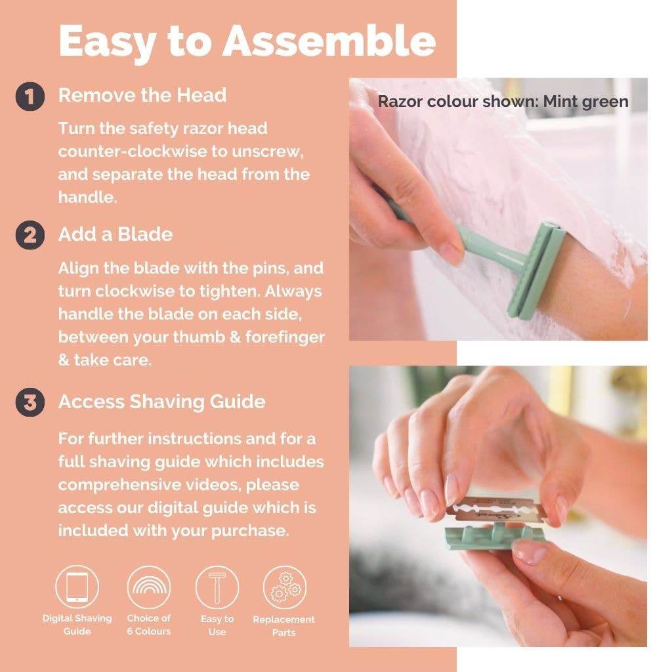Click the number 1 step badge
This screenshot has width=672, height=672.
click(30, 96)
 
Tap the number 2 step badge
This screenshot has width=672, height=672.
click(30, 235)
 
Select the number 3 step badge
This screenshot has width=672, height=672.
click(30, 402)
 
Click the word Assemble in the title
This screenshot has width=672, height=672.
click(329, 41)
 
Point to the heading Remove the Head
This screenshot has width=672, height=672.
click(142, 95)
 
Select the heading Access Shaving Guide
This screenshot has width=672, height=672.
click(161, 402)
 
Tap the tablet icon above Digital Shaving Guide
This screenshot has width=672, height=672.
click(77, 587)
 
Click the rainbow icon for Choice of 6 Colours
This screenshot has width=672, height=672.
click(148, 587)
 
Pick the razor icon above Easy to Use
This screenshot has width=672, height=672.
click(217, 587)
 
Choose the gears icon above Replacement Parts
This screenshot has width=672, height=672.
click(285, 587)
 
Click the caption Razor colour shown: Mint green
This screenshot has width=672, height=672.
click(503, 102)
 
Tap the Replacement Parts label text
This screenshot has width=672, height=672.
click(284, 625)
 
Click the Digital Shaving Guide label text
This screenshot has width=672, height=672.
click(77, 625)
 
